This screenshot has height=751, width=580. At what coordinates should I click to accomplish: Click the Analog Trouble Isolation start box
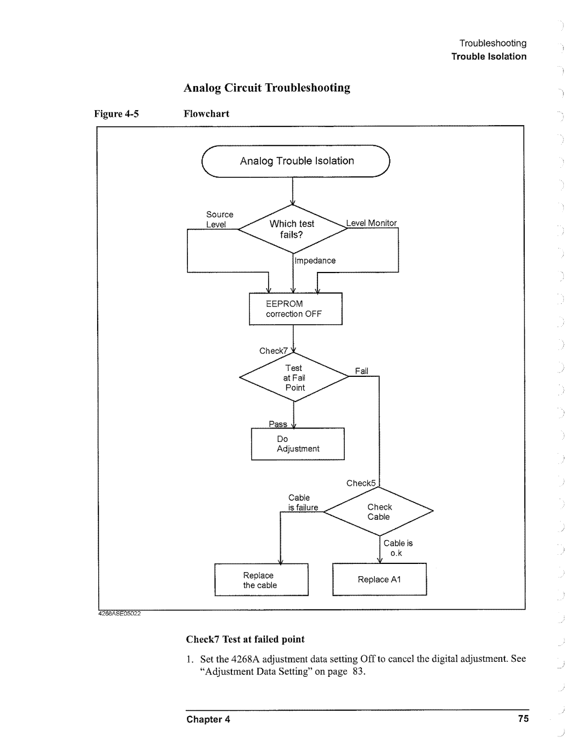point(296,161)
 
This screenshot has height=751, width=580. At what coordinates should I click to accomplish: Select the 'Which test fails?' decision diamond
point(293,229)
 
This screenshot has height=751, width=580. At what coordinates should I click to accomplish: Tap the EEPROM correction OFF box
point(295,309)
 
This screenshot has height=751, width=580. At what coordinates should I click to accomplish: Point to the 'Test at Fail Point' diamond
point(294,378)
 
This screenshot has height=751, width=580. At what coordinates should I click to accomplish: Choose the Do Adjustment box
point(298,444)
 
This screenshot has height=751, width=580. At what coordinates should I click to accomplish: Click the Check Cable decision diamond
point(379,512)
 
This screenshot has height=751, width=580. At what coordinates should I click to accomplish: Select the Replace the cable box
point(261,580)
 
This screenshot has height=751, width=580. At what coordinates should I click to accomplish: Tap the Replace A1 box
point(379,580)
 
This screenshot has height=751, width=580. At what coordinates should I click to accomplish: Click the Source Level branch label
point(219,219)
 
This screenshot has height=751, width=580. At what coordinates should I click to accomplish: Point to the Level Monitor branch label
point(372,223)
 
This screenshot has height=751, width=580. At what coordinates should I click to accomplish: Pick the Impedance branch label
point(316,261)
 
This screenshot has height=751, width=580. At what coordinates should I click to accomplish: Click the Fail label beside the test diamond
point(361,371)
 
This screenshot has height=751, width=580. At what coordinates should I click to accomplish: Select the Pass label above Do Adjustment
point(278,424)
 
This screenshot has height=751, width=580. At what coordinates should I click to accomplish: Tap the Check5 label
point(361,483)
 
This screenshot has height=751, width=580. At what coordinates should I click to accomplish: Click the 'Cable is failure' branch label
point(302,503)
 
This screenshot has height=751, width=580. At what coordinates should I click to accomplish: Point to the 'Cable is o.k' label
point(398,548)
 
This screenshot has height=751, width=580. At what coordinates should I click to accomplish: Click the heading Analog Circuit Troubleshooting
point(267,88)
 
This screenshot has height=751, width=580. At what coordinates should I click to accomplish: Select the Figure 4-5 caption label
point(117,114)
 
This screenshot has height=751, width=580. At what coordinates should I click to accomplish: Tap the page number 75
point(523,719)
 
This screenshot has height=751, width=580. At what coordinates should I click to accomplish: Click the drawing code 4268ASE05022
point(119,613)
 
